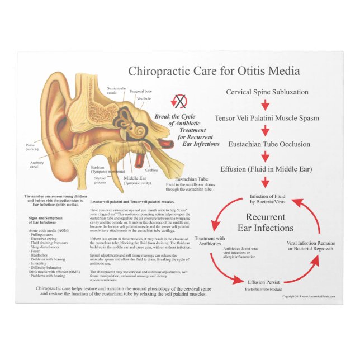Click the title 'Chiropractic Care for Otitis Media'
tap(214, 71)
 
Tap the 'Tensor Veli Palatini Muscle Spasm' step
tap(267, 118)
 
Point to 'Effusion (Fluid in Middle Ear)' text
tap(266, 169)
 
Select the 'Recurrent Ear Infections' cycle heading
tap(266, 222)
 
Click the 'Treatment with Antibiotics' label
tap(210, 241)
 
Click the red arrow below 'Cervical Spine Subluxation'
tap(266, 105)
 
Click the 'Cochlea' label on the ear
tap(151, 170)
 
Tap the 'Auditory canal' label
tap(37, 164)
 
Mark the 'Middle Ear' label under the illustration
tap(135, 179)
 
